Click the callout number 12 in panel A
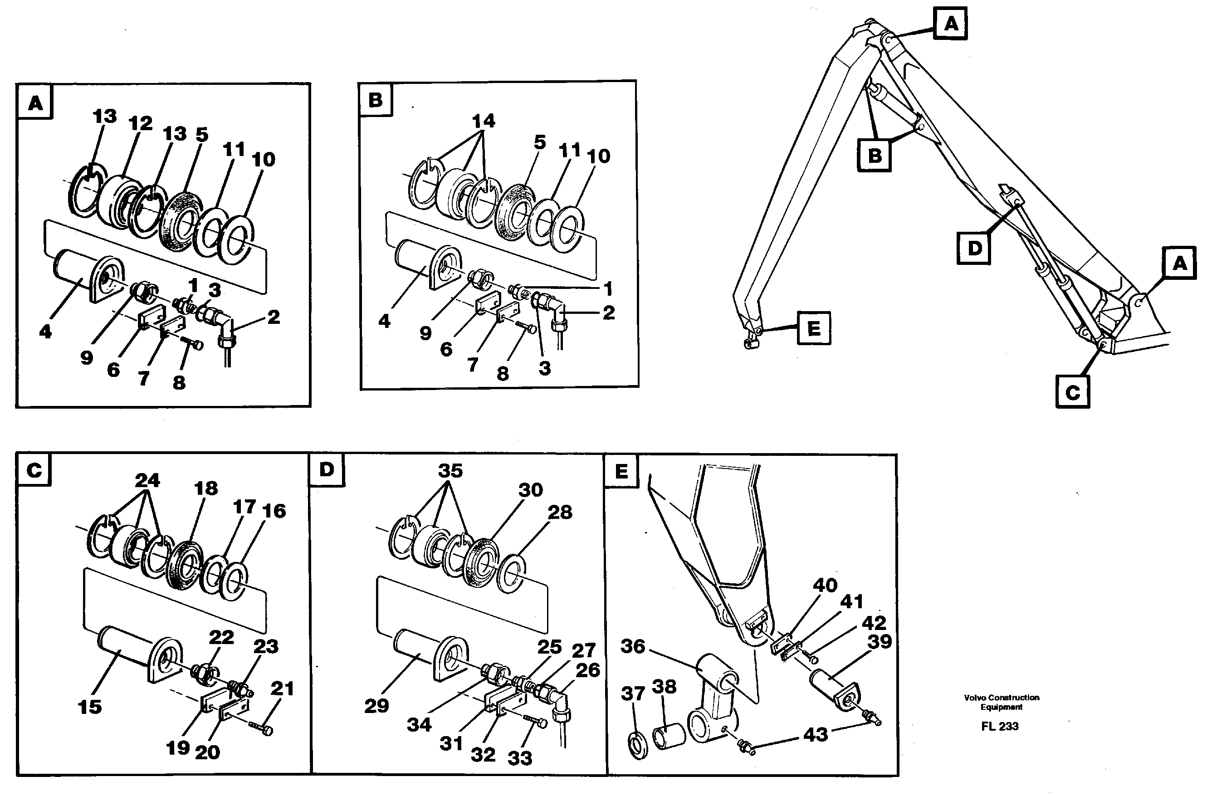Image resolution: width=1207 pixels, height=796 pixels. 140,124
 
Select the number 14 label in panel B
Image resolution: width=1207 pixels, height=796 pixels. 483,121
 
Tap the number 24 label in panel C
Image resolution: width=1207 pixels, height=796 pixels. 147,480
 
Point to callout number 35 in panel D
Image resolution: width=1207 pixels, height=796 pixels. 450,471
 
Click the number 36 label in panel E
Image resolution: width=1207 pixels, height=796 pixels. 632,647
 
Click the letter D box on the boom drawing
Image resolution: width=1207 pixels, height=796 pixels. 973,248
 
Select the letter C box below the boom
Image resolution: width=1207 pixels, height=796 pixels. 1072,392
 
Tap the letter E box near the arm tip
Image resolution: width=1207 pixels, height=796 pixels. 813,328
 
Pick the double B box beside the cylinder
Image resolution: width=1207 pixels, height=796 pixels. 874,155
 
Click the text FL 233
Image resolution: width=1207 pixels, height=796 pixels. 999,727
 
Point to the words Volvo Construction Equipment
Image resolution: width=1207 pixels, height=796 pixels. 1002,702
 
